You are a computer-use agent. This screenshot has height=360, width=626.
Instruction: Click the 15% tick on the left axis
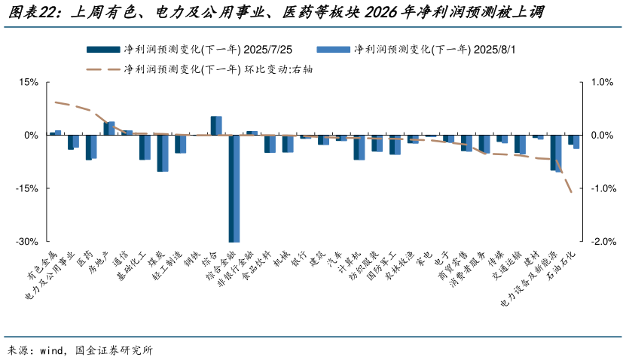[29, 82]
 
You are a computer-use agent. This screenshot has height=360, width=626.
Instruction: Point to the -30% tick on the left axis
[27, 242]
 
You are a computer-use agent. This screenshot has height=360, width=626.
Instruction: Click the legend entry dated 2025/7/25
[189, 50]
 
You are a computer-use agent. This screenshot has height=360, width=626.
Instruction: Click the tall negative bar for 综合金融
[234, 188]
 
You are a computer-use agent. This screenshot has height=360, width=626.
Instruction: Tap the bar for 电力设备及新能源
[556, 154]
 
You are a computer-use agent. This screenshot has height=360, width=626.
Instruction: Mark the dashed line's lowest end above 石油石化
[572, 193]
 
